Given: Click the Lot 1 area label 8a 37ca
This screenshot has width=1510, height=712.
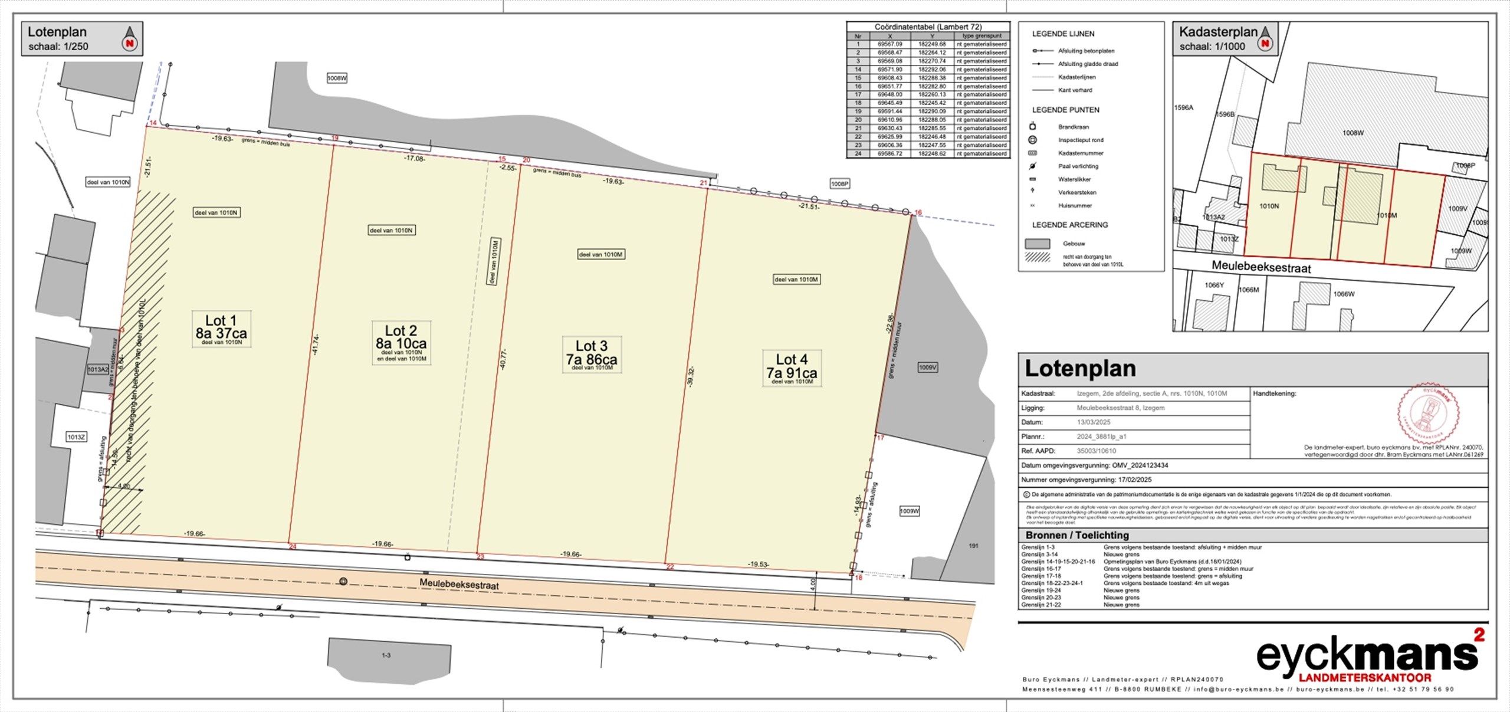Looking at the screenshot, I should [221, 333].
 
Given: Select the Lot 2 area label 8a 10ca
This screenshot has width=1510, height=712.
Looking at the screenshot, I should [401, 343].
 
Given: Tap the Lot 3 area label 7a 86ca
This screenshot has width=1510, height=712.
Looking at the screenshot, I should [592, 359].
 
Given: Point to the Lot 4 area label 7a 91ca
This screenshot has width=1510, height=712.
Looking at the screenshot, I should [792, 373].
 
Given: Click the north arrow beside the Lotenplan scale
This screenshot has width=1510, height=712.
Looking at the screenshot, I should [130, 39].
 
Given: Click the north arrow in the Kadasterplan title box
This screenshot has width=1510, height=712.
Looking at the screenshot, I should [1265, 39].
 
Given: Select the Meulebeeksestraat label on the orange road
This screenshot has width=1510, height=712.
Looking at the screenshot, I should [459, 584].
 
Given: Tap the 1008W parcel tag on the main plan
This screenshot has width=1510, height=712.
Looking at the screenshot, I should [337, 78].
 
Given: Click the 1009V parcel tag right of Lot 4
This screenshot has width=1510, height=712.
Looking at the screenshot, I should [928, 368].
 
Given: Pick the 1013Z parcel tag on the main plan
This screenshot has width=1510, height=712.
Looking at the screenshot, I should [77, 437].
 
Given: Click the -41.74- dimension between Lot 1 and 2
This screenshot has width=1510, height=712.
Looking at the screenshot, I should [316, 344].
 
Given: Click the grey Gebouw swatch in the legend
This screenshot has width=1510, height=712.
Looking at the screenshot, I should [1038, 244].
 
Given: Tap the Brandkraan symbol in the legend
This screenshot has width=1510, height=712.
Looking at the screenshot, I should [1032, 127].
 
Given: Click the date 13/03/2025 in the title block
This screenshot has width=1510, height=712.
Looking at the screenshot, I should [1094, 422].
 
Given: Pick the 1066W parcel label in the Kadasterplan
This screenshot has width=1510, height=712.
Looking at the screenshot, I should [1344, 294].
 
